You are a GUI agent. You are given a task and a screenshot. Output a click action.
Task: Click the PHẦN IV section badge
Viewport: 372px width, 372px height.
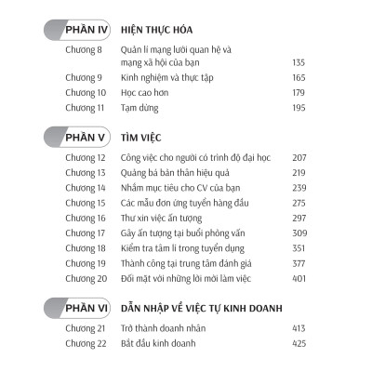(75, 30)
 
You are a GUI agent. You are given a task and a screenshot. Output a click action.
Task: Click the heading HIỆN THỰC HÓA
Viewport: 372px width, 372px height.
(156, 30)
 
